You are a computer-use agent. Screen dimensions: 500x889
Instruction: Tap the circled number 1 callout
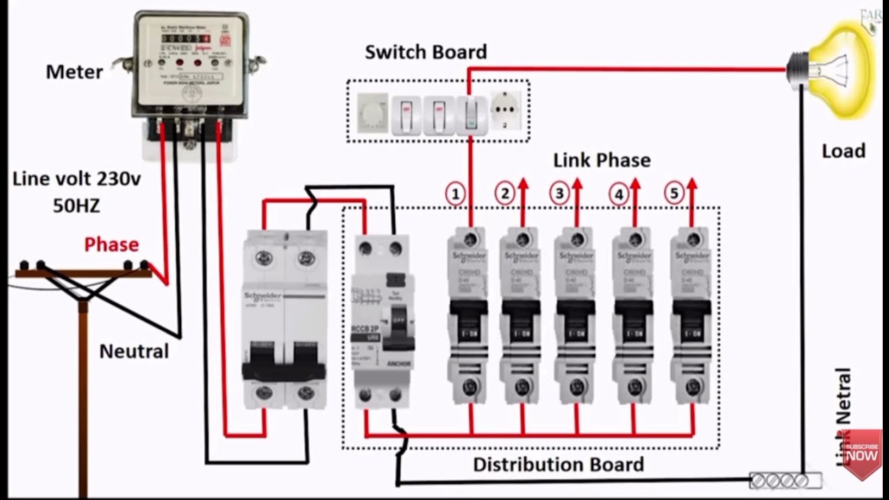455,194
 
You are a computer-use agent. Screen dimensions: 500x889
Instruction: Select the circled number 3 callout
559,194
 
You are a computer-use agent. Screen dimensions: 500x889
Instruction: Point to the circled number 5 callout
674,194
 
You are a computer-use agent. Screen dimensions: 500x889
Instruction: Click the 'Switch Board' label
426,52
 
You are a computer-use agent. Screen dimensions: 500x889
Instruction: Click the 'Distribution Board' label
558,464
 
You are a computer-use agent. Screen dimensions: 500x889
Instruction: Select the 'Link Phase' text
601,160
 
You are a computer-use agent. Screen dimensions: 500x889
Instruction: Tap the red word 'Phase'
111,244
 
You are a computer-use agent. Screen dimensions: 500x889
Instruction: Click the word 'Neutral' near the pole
134,351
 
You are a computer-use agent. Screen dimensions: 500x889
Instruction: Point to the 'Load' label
843,151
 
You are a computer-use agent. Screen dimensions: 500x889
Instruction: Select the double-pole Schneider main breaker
284,319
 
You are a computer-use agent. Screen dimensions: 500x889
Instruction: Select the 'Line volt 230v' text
76,179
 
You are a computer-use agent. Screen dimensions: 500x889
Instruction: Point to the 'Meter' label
74,72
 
